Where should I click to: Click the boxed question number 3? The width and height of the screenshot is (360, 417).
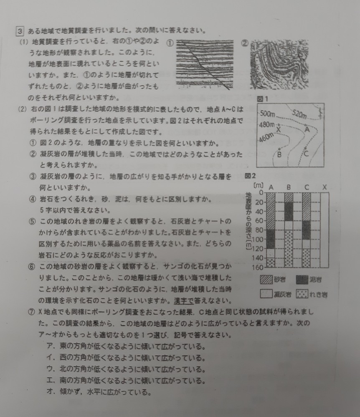point(20,31)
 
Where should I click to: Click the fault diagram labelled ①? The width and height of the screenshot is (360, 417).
point(205,64)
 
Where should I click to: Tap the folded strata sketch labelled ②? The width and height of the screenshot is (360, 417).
point(279,64)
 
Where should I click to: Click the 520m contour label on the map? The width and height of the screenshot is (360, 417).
point(299,114)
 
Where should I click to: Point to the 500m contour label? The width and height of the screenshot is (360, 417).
point(267,114)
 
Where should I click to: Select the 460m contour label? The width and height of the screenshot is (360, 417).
point(266,138)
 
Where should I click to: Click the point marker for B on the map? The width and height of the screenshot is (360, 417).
point(279,149)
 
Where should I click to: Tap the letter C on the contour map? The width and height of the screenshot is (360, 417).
point(306,154)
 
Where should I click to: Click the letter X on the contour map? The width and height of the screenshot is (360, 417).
point(279,130)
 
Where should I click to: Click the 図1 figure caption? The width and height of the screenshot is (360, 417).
point(263,99)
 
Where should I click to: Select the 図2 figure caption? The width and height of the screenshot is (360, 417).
point(250,176)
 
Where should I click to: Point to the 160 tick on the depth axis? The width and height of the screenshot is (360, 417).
point(258,267)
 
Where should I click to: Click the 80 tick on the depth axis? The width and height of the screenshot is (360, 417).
point(259,230)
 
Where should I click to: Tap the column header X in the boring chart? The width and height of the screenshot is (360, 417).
point(325,187)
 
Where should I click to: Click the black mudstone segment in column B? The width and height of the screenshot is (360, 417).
point(289,212)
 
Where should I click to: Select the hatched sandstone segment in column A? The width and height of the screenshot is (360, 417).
point(271,211)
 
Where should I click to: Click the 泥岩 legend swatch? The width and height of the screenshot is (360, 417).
point(302,280)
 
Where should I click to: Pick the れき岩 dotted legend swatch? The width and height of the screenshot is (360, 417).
point(302,294)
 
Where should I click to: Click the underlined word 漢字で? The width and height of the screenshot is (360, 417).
point(184,301)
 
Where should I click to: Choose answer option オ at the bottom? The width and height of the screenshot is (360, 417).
point(99,392)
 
